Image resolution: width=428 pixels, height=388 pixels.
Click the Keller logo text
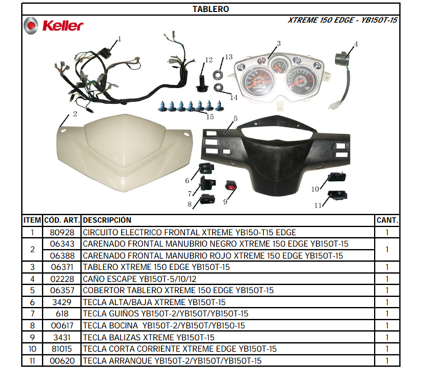[63, 26]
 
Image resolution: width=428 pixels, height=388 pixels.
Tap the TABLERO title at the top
[210, 9]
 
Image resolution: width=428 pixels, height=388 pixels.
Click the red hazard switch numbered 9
[231, 186]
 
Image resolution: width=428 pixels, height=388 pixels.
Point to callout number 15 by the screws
[210, 117]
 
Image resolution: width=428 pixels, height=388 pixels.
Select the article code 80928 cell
[62, 233]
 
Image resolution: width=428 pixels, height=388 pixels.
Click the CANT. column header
[387, 220]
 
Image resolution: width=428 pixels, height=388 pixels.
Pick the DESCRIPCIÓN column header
[107, 220]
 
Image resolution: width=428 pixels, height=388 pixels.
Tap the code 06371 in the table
[62, 267]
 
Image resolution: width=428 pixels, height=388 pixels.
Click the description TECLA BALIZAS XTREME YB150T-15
[149, 338]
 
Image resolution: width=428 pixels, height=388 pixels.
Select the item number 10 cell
[32, 349]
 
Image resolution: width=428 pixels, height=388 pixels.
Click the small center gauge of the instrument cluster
[279, 65]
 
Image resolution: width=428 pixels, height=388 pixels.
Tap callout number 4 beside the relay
[355, 44]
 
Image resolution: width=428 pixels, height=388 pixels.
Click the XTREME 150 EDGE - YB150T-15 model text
[342, 20]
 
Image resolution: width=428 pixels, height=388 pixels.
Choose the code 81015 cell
[62, 349]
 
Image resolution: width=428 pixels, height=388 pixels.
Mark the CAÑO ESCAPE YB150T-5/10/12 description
[140, 279]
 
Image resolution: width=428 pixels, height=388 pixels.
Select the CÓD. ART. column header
[62, 220]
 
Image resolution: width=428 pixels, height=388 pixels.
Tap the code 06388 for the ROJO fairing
[62, 256]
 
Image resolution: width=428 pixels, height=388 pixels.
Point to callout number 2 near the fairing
[75, 114]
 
